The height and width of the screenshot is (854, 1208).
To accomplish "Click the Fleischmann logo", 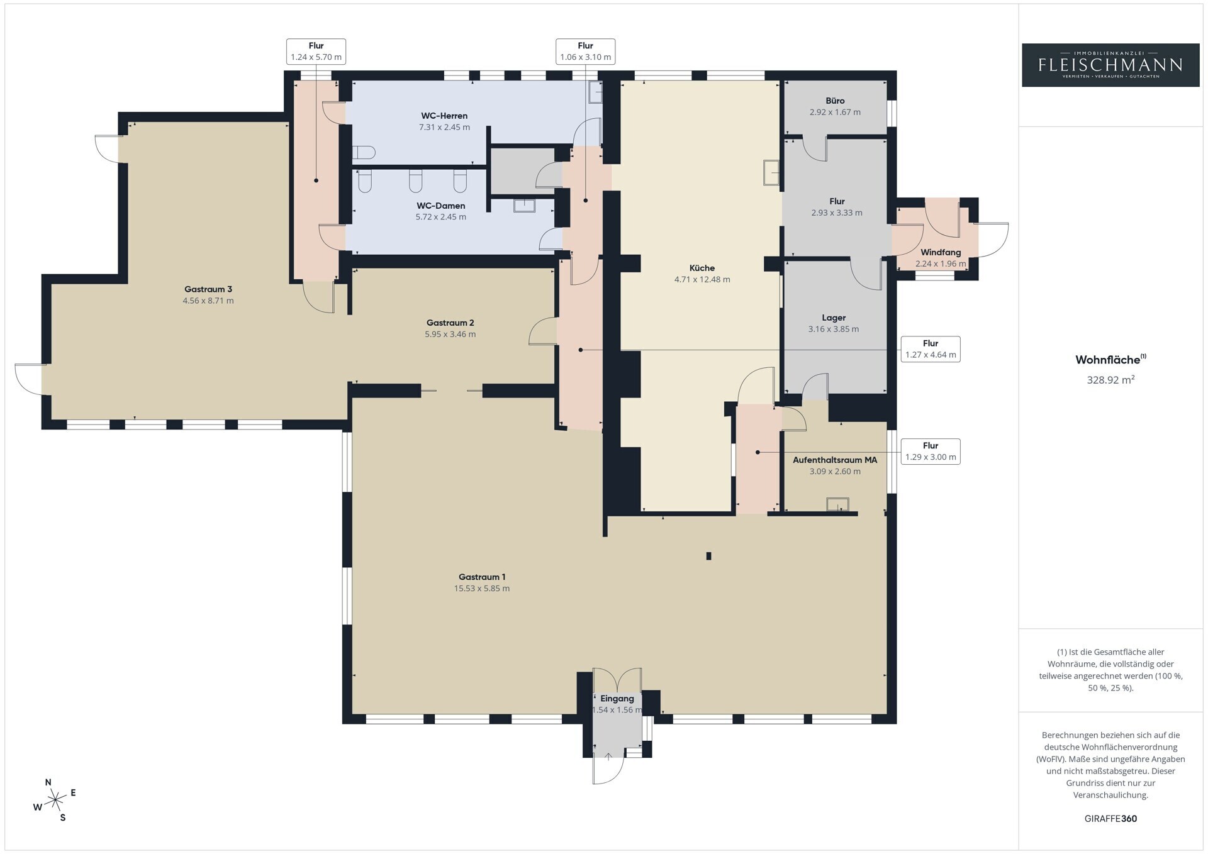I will (1110, 65).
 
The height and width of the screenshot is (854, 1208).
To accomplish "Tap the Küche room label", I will (702, 268).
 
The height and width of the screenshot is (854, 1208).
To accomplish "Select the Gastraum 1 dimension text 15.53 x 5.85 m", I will (482, 589).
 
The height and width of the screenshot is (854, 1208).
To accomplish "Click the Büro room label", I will (835, 101).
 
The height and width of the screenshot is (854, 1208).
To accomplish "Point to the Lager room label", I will (834, 318).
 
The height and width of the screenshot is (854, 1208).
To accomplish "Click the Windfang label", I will (941, 252).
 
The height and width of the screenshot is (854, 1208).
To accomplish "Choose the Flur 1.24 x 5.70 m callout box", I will (316, 51).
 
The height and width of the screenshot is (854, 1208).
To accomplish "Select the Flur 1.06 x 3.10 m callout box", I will (585, 51).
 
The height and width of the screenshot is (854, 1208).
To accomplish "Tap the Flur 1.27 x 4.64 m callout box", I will (930, 349).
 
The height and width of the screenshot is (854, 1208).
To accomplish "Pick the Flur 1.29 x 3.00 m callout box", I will (930, 452).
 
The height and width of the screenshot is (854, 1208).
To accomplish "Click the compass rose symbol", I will (56, 800).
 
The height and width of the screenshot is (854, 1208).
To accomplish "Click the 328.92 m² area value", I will (1110, 380).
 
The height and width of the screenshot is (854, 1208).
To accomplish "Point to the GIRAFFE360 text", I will (1110, 819).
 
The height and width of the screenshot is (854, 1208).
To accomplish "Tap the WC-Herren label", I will (444, 116).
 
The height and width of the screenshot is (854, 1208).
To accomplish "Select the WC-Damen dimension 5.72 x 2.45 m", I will (440, 217).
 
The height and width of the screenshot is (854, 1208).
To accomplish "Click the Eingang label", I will (617, 699).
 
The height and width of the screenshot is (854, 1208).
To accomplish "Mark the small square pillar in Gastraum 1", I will (708, 556).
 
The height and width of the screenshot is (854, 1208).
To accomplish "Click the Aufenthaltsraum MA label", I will (835, 460).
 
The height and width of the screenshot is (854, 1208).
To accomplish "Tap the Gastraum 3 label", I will (208, 289).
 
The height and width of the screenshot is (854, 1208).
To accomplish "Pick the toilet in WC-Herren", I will (364, 152).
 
